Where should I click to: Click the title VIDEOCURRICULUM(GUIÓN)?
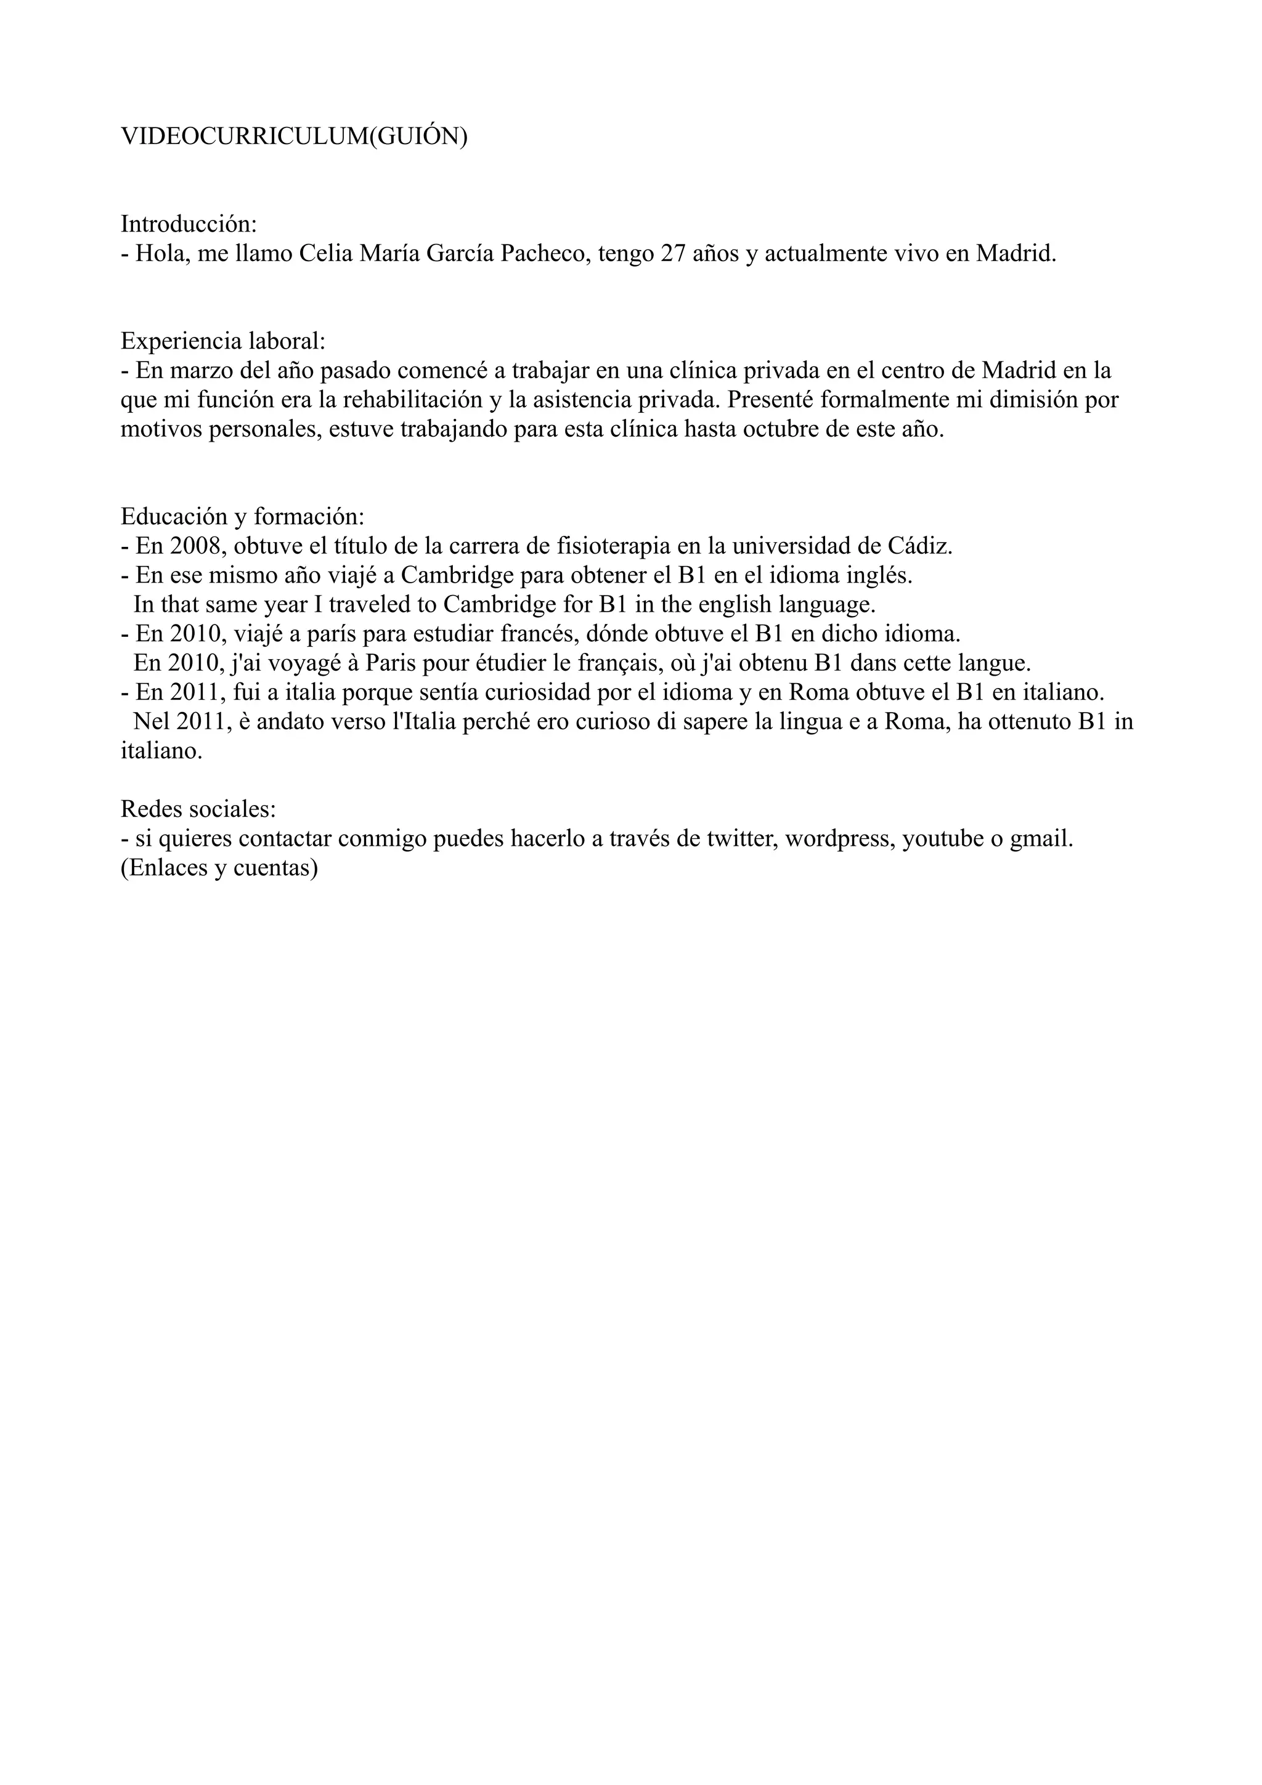pos(294,136)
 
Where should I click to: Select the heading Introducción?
pos(188,224)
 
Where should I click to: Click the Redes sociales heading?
pos(198,809)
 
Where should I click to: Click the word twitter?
pos(743,839)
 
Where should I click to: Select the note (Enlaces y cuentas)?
pos(219,868)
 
